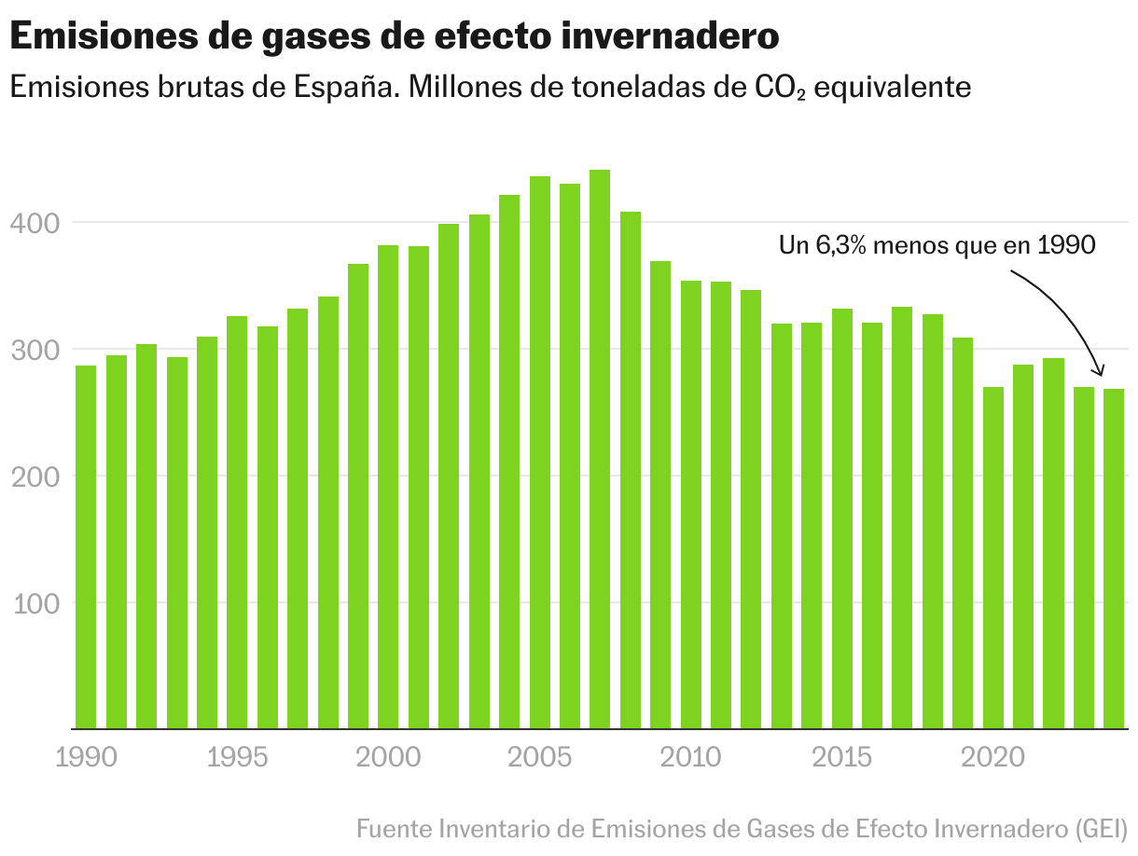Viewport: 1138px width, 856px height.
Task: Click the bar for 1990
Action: click(x=86, y=546)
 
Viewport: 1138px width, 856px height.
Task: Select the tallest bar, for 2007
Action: click(x=600, y=449)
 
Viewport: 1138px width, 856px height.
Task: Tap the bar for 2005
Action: click(x=539, y=452)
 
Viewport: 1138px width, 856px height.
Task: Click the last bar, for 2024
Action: click(x=1114, y=559)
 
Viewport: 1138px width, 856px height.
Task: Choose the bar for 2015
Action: click(x=842, y=518)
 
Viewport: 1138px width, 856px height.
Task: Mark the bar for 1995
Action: click(x=237, y=522)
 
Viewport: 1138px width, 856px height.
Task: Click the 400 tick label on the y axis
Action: click(x=36, y=224)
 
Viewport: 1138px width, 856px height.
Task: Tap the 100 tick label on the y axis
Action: click(x=36, y=603)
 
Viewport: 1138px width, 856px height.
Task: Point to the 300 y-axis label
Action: click(x=36, y=351)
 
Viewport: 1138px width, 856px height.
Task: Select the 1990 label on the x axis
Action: click(x=87, y=756)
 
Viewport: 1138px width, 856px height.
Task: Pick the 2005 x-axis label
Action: click(x=539, y=756)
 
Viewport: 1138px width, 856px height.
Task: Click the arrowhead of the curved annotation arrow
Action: click(x=1101, y=370)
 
